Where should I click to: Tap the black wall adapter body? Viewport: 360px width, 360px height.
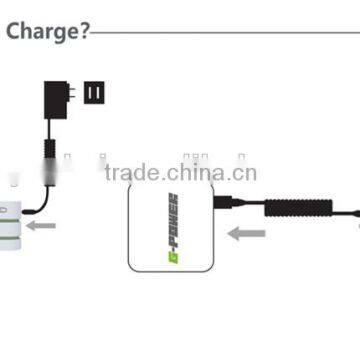pyautogui.click(x=51, y=99)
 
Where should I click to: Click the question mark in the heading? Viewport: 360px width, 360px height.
pyautogui.click(x=83, y=30)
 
